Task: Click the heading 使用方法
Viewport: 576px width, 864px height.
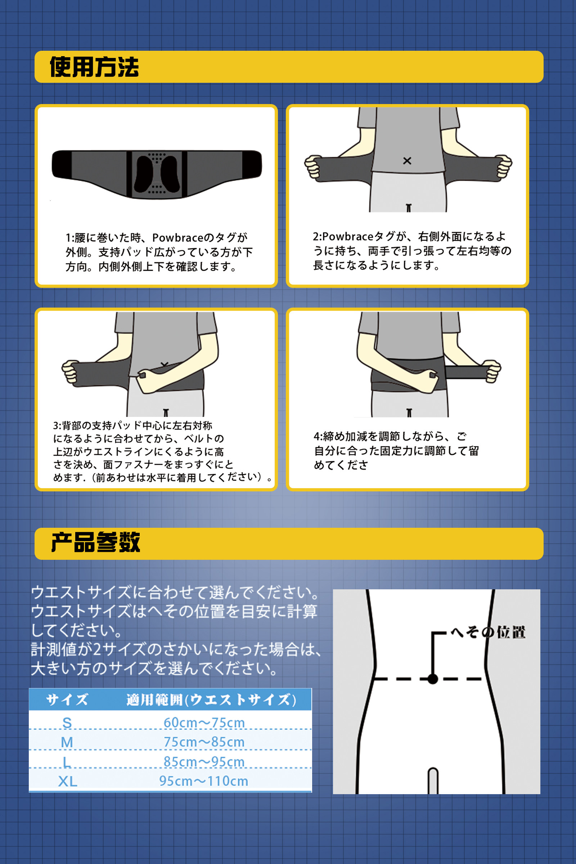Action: [94, 67]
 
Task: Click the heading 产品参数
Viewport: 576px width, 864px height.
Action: [95, 542]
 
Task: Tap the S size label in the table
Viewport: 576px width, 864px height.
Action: [67, 723]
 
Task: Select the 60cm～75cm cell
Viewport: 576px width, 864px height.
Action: [204, 723]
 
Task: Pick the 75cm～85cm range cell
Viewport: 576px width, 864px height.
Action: [204, 742]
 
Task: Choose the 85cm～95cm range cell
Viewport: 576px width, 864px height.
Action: [204, 761]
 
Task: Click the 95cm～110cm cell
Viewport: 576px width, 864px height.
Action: [203, 780]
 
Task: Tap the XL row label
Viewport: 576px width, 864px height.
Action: [68, 781]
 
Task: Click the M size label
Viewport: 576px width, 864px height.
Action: [67, 742]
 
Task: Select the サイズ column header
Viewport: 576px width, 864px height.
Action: [67, 699]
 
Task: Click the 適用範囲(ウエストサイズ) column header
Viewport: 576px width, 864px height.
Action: [211, 700]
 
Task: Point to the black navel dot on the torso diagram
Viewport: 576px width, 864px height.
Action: [433, 679]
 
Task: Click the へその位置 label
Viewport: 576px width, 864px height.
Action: [488, 632]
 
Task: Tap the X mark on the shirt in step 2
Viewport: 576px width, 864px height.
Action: [407, 161]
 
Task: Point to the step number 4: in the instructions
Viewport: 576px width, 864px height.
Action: [318, 436]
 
